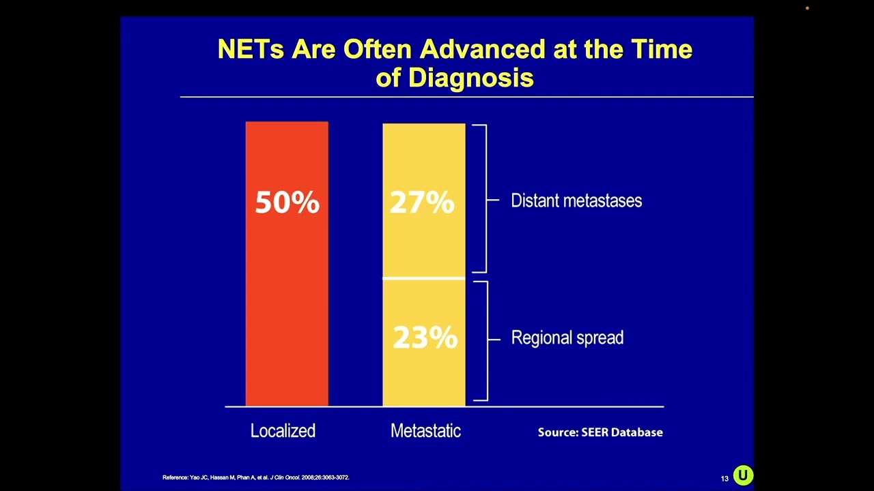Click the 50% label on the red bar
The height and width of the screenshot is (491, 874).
click(x=287, y=203)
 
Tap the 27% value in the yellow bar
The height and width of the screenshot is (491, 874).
click(x=422, y=203)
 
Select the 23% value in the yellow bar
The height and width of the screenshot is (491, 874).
click(x=425, y=338)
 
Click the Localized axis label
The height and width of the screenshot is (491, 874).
click(x=283, y=431)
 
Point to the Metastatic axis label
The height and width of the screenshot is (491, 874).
click(x=425, y=431)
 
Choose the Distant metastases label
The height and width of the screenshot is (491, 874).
click(x=576, y=200)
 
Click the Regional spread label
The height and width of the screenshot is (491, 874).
click(x=567, y=338)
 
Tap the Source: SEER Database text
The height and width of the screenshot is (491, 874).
click(x=600, y=432)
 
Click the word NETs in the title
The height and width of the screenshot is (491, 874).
click(x=250, y=49)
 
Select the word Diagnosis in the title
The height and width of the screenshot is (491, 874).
click(x=470, y=78)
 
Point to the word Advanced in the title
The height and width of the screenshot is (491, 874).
click(x=482, y=49)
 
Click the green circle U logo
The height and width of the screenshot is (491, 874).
click(x=743, y=475)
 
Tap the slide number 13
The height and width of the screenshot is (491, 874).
click(x=724, y=479)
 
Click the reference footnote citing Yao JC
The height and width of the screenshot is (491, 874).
click(x=255, y=477)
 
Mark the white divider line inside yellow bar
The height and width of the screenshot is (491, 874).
click(x=423, y=278)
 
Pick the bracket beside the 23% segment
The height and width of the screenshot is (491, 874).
click(x=484, y=340)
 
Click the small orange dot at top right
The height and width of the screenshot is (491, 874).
click(x=807, y=8)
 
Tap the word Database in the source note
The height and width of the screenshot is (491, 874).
click(x=636, y=432)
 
